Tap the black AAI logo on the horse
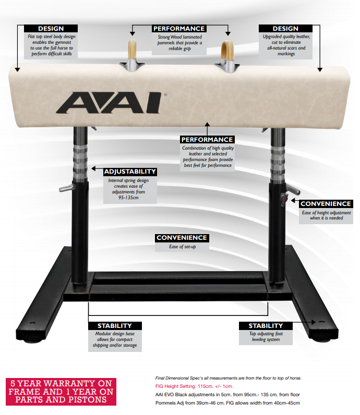(109, 103)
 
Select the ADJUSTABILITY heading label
(130, 172)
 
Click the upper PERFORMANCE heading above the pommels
(179, 29)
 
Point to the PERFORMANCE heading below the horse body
(207, 140)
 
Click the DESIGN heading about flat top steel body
(51, 29)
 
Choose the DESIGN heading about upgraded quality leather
(285, 29)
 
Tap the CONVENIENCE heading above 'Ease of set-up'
(182, 238)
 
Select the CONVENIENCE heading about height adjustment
(326, 204)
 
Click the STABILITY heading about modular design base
(115, 325)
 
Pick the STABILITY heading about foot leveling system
(266, 325)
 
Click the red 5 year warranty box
(61, 392)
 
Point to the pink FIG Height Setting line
(194, 386)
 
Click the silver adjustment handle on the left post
(66, 188)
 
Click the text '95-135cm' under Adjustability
(128, 198)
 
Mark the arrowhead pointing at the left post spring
(93, 168)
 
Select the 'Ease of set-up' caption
(183, 247)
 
